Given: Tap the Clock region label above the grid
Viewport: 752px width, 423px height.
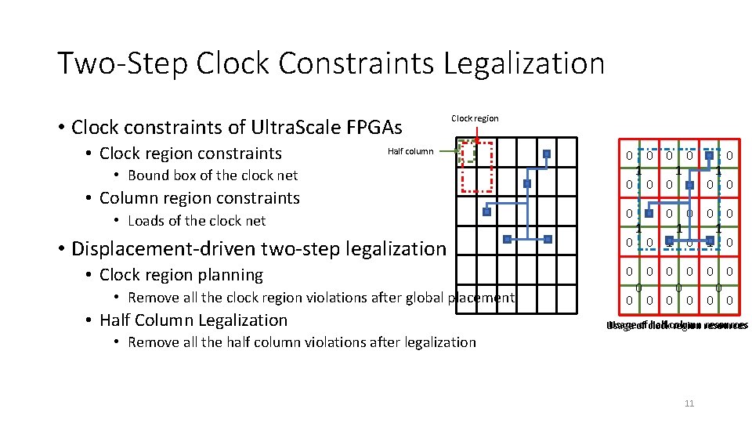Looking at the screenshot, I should pos(475,118).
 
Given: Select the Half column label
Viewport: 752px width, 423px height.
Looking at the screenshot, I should pos(410,151).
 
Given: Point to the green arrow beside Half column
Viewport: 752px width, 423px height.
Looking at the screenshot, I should pos(448,151).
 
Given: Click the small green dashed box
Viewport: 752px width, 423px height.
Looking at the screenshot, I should pos(468,152).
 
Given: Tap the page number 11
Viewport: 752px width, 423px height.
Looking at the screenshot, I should pos(689,403).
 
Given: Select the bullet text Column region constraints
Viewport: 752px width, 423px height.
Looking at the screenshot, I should pos(200,198).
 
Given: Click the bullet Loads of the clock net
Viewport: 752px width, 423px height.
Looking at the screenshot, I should pos(197,221).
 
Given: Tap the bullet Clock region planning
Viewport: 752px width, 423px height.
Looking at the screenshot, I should pos(182,275).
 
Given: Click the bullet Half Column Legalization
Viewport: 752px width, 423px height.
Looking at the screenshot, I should pos(193,320).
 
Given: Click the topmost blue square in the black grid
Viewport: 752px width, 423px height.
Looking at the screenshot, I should pos(547,154).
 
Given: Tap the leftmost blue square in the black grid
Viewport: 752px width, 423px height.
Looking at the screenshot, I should pos(486,211).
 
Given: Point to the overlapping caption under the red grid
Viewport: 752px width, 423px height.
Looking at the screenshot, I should pos(678,325).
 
